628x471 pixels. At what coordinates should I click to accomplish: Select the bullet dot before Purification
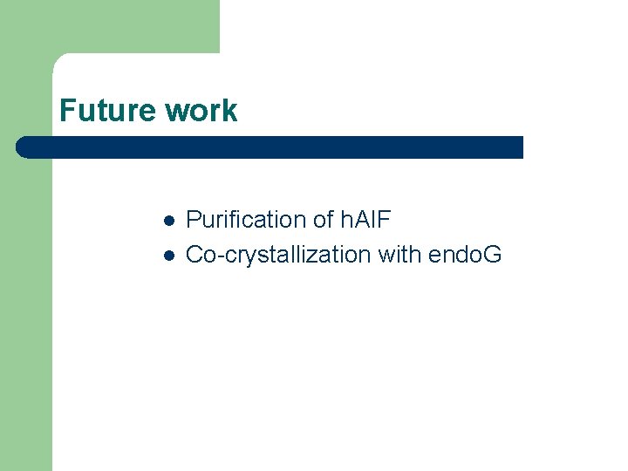point(169,220)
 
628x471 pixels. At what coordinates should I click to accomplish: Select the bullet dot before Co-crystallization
point(169,256)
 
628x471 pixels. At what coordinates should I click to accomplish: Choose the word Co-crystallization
point(278,256)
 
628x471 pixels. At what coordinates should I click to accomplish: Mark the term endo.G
point(465,255)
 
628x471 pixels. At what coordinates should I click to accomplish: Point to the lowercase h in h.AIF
point(343,220)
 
